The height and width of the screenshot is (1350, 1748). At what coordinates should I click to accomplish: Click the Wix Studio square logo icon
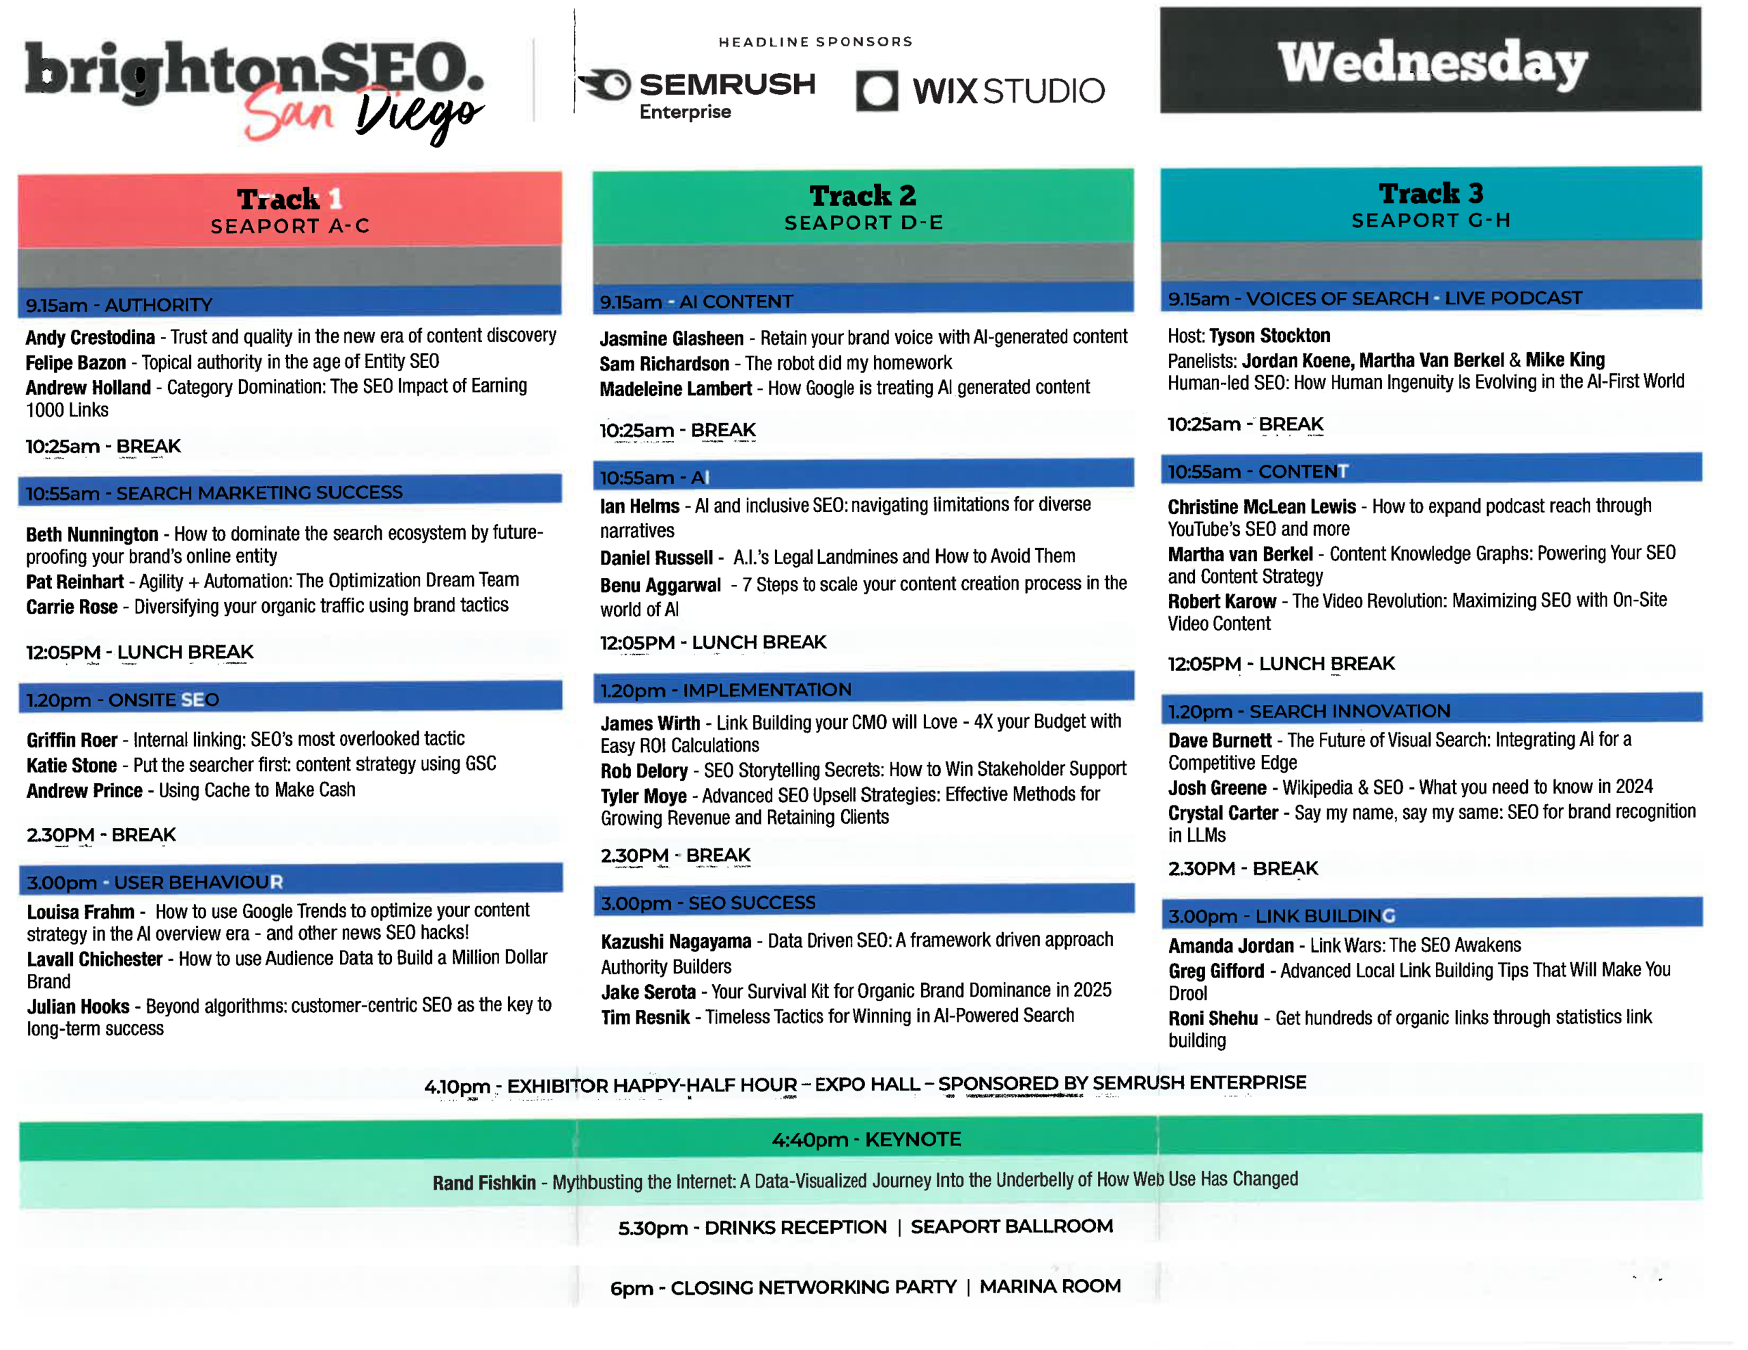tap(877, 90)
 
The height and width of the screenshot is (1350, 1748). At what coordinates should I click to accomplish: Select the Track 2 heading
tap(863, 195)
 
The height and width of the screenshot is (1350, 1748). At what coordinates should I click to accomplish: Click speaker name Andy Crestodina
tap(90, 337)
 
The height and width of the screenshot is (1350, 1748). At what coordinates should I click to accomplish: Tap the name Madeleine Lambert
tap(676, 389)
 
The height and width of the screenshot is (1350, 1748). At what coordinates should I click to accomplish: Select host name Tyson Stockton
tap(1270, 335)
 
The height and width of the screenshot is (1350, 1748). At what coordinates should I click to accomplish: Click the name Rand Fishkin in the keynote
tap(484, 1183)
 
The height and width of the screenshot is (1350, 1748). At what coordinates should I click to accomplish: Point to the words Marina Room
tap(1050, 1286)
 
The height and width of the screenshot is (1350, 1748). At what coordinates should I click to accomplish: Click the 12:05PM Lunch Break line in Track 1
tap(140, 652)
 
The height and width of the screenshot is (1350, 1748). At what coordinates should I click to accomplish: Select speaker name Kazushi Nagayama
tap(676, 941)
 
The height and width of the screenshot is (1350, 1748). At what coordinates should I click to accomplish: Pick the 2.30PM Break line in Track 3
tap(1243, 868)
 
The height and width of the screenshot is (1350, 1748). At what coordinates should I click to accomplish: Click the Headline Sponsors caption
tap(815, 42)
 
